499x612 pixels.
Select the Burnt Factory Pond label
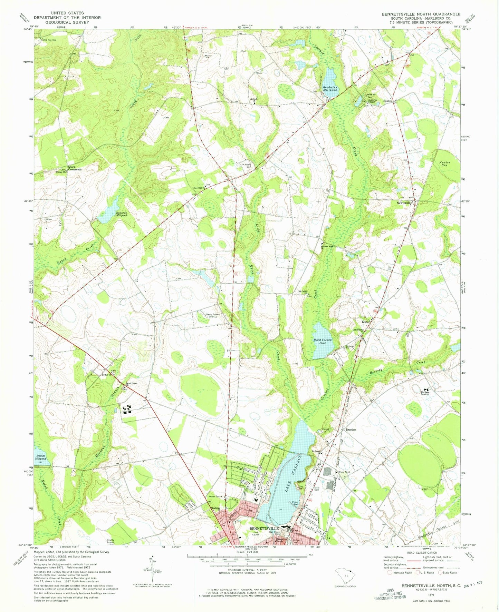click(x=323, y=341)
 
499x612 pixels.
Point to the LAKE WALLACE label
click(x=294, y=474)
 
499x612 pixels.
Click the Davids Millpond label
click(x=40, y=457)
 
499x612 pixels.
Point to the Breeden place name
click(x=351, y=430)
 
